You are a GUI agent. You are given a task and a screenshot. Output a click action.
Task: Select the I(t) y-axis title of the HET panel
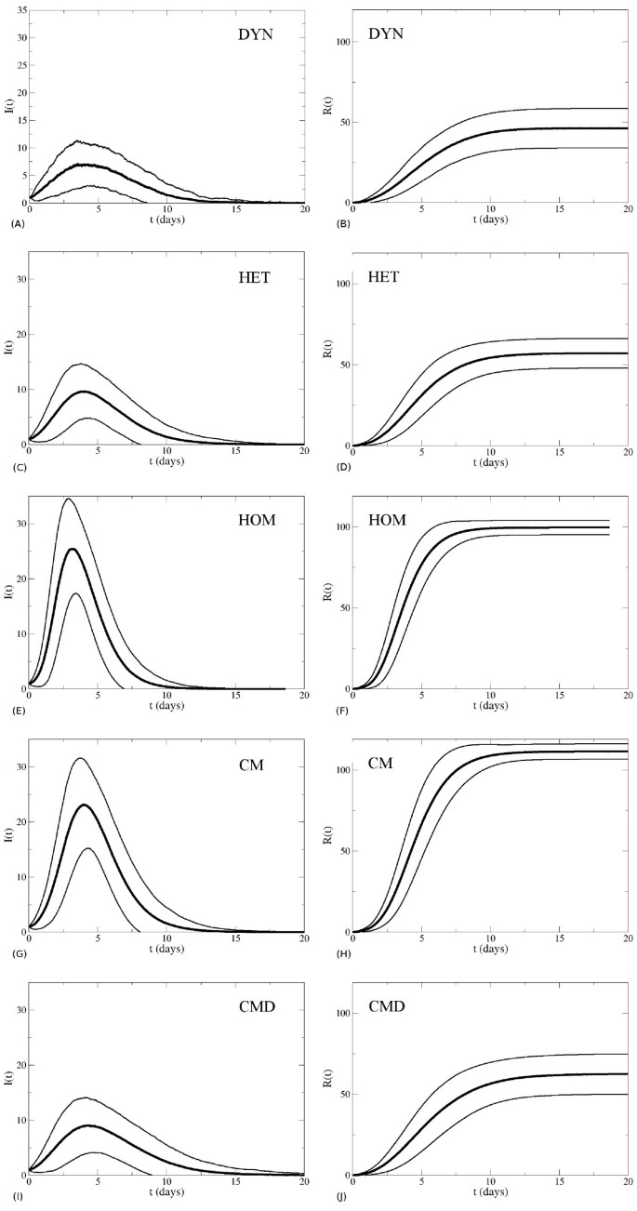(8, 350)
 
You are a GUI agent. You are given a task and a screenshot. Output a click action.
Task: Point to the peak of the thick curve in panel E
(72, 549)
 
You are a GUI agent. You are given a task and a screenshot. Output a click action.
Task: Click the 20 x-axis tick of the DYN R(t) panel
(628, 212)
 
